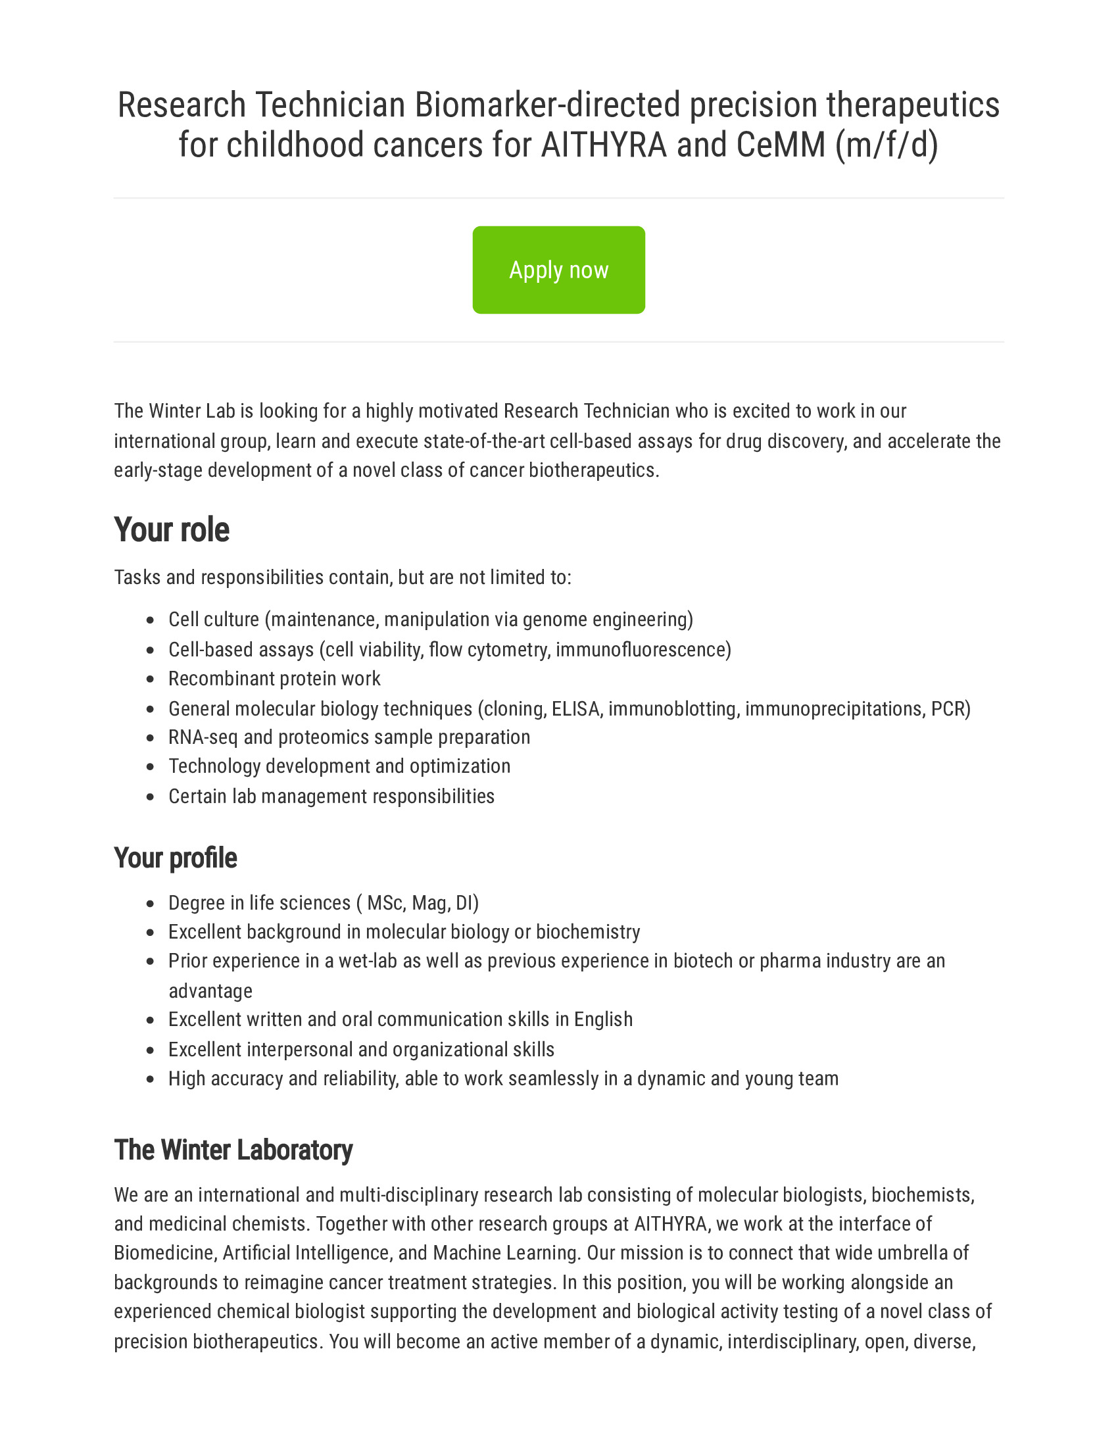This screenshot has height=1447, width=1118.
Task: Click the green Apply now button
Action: click(558, 270)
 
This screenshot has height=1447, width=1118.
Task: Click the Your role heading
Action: click(172, 530)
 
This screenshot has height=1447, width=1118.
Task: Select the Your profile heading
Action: click(175, 857)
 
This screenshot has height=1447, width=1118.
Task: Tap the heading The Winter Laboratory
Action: click(233, 1150)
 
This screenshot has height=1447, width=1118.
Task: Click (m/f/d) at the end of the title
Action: click(887, 145)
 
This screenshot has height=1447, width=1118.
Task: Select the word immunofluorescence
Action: click(643, 649)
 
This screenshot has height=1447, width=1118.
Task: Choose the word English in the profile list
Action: click(603, 1019)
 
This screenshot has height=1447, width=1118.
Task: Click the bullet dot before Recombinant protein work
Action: click(151, 680)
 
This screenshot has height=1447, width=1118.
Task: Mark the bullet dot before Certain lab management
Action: click(151, 797)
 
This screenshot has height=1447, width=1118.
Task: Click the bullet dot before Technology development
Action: click(151, 767)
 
